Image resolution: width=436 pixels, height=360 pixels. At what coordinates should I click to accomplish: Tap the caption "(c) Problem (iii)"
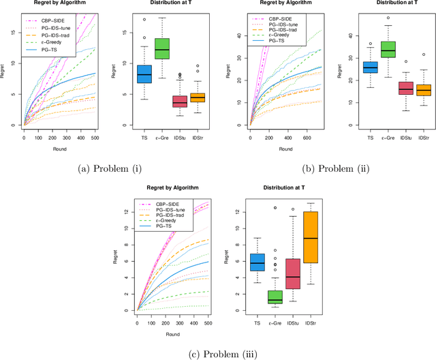point(218,352)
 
